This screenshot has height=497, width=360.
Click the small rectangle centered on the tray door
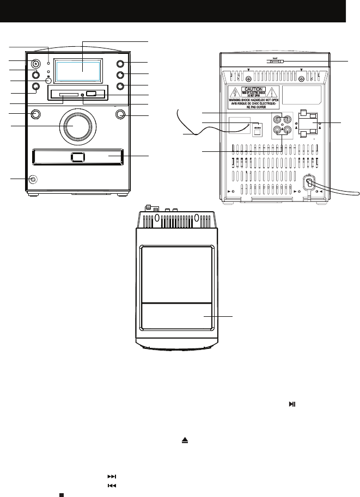click(x=77, y=157)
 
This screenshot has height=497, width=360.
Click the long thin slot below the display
click(x=63, y=96)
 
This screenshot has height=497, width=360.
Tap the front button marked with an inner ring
click(x=36, y=63)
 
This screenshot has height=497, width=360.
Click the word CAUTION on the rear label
click(x=254, y=89)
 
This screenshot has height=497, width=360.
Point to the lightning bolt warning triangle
click(x=236, y=93)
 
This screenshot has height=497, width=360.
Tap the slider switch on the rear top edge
click(x=275, y=62)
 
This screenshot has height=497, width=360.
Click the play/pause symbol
click(x=292, y=404)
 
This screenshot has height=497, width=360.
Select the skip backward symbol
click(x=112, y=486)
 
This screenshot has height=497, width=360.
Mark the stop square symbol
click(x=62, y=495)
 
